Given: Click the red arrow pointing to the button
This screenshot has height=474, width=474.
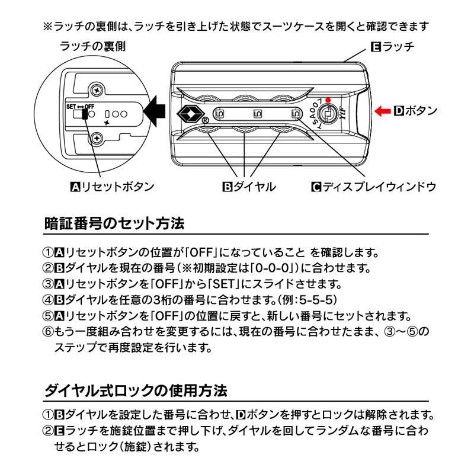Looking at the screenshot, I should click(x=383, y=110).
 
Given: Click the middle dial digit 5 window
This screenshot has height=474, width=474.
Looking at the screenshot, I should click(x=257, y=113).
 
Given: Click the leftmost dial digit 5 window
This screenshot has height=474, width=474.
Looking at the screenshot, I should click(x=219, y=113).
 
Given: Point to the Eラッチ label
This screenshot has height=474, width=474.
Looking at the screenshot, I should click(x=392, y=46).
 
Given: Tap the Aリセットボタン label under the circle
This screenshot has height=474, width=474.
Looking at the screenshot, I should click(x=113, y=187).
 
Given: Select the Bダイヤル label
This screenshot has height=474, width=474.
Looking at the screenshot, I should click(x=249, y=187).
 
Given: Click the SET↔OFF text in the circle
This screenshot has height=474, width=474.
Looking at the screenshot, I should click(x=81, y=106).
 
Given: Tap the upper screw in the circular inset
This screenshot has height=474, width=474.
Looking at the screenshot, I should click(x=95, y=90).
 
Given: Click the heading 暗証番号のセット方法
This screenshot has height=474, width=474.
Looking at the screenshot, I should click(x=115, y=225).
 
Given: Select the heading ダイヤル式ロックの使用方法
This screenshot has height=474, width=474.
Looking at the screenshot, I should click(x=136, y=392).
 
